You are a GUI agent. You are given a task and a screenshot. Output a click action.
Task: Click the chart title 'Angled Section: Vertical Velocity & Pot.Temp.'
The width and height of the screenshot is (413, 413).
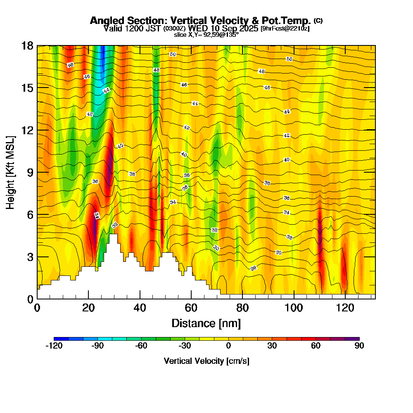[200, 21]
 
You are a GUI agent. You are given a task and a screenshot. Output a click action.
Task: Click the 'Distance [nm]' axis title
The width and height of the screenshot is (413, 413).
[206, 323]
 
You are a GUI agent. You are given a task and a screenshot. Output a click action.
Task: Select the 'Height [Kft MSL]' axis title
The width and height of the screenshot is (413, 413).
[11, 172]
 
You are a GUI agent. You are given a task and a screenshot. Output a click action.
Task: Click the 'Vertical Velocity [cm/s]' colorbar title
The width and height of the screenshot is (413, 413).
[206, 361]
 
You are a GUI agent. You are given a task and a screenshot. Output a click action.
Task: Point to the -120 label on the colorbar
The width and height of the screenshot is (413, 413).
[54, 346]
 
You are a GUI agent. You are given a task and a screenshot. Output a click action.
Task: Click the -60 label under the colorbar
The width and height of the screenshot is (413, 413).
[141, 346]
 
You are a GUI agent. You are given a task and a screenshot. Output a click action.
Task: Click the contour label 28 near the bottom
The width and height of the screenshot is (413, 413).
[254, 268]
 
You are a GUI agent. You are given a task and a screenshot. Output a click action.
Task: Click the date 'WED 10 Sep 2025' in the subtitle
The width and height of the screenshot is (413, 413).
[223, 28]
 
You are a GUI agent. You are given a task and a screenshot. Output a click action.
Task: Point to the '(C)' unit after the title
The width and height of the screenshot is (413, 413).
[318, 20]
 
